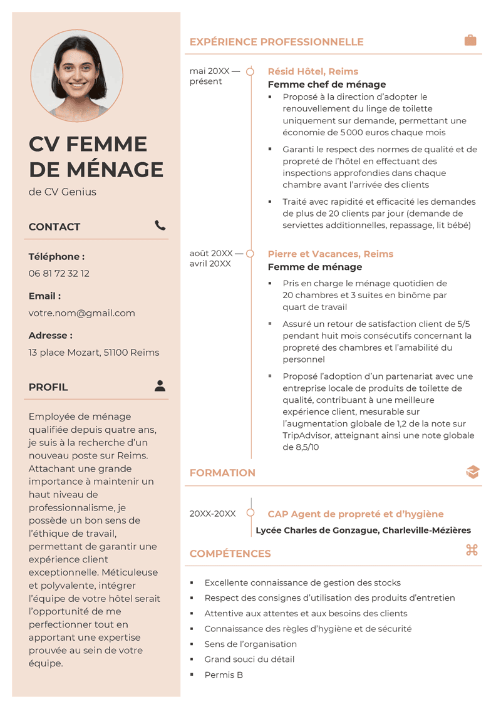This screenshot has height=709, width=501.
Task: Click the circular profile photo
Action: pos(77,76)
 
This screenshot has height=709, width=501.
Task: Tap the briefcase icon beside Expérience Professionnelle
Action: pos(470,41)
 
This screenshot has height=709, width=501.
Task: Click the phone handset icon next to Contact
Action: pos(160,225)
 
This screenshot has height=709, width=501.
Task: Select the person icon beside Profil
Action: pos(160,386)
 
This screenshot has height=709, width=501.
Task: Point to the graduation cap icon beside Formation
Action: pos(473,472)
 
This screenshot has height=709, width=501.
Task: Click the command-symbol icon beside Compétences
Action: pos(472,550)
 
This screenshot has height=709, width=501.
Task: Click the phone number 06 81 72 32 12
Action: pos(59,274)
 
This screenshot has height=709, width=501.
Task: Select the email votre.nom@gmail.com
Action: pos(82,313)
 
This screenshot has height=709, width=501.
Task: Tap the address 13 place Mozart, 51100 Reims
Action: pos(94,353)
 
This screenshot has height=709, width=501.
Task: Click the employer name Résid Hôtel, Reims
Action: pos(313,71)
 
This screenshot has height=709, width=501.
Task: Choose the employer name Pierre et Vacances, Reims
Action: pos(331,254)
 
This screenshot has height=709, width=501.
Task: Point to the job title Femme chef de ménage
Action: pos(327,85)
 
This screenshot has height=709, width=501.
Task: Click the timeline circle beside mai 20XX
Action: pos(250,71)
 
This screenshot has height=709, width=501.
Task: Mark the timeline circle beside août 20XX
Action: pos(250,254)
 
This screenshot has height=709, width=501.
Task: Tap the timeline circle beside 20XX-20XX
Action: pos(250,514)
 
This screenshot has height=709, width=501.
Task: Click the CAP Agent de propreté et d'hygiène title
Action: pos(356,514)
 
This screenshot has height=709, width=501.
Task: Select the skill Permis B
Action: pos(224,675)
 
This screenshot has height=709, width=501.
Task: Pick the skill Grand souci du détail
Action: pos(249,660)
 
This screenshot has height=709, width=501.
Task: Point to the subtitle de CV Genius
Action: pos(63,192)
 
